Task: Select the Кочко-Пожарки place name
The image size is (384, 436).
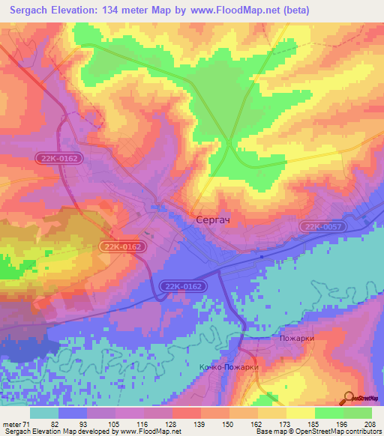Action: coord(229,367)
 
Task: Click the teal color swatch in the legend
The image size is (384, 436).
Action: coord(44,413)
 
